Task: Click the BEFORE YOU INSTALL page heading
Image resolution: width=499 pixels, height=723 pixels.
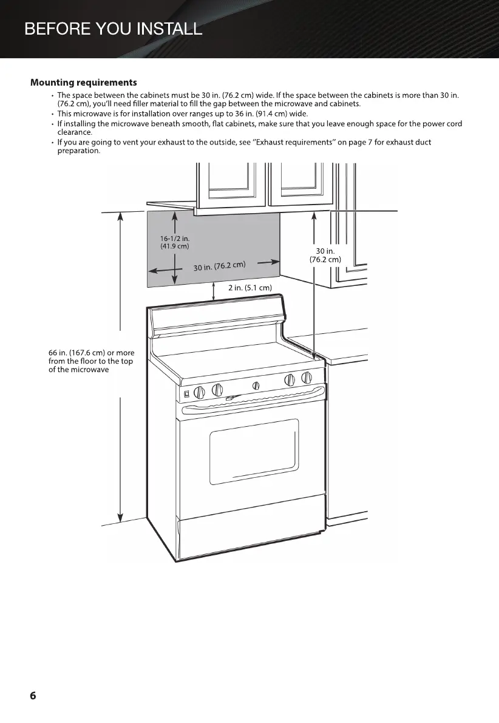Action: [113, 29]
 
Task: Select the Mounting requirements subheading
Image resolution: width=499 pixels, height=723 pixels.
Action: [84, 82]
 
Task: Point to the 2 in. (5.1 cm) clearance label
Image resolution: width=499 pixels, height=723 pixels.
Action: [249, 287]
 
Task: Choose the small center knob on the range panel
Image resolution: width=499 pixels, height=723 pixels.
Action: [256, 385]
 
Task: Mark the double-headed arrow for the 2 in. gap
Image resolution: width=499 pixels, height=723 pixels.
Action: [215, 292]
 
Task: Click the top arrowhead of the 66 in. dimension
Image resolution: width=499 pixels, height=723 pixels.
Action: [121, 216]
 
